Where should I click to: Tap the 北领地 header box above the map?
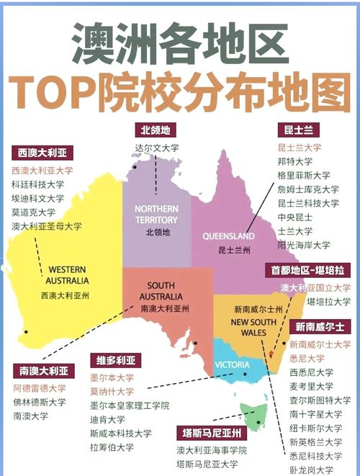point(157,130)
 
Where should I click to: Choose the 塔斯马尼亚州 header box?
point(212,433)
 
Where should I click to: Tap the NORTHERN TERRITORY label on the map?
point(156,214)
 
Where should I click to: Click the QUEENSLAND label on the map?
point(229,236)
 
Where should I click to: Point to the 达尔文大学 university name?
point(156,148)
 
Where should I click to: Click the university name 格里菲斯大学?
point(304,175)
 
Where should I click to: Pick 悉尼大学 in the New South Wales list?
point(307,358)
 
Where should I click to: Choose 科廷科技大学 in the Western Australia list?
point(37,184)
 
